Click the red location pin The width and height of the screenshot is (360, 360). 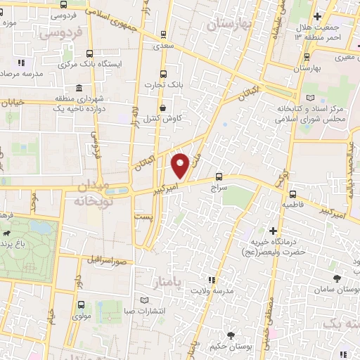(x=180, y=165)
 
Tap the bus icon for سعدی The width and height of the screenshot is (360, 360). (x=164, y=34)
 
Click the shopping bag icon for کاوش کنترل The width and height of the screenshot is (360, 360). (x=164, y=108)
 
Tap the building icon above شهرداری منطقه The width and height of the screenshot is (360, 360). (x=78, y=89)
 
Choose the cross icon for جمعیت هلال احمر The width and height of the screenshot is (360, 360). (x=317, y=16)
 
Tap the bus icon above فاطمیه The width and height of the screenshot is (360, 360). (x=292, y=194)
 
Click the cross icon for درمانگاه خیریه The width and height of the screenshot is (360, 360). (x=273, y=231)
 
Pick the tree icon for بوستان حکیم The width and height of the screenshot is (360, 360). (x=230, y=334)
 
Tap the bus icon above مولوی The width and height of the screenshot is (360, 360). (x=79, y=305)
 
